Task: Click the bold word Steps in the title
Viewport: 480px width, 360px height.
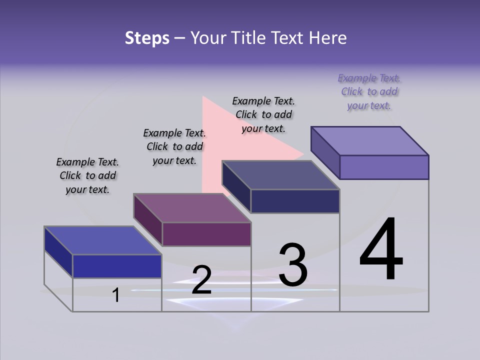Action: pos(147,38)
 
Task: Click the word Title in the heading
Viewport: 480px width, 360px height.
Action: pos(250,38)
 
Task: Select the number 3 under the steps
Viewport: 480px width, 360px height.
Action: pos(292,265)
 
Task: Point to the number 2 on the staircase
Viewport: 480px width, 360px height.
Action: pos(201,280)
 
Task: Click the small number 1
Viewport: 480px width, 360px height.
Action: pos(116,295)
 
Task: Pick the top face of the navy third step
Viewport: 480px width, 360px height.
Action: pos(280,175)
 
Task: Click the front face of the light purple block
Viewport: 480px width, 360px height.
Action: pos(384,167)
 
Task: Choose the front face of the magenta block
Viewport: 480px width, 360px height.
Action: pos(206,234)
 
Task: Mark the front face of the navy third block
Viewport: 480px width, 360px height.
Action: pos(295,201)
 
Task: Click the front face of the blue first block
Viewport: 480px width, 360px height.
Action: pos(117,266)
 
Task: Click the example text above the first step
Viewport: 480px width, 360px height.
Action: pos(87,176)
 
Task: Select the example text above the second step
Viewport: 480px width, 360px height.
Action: pos(174,147)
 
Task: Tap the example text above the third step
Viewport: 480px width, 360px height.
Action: pos(263,115)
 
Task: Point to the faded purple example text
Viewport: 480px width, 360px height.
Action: pos(369,92)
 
